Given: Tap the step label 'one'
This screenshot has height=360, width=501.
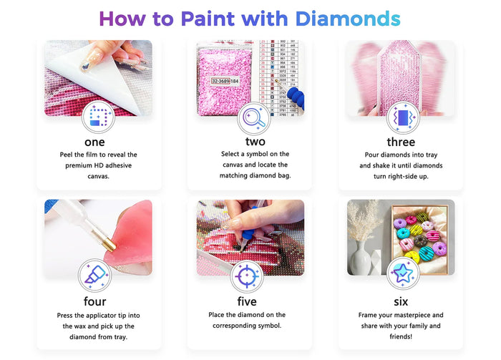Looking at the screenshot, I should (94, 142).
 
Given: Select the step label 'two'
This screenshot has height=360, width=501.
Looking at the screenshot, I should (255, 142).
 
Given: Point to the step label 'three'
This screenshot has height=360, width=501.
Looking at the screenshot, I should (401, 142).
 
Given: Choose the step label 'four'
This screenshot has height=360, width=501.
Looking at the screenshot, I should (94, 301).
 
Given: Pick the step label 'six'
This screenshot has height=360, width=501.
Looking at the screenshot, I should (401, 301).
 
